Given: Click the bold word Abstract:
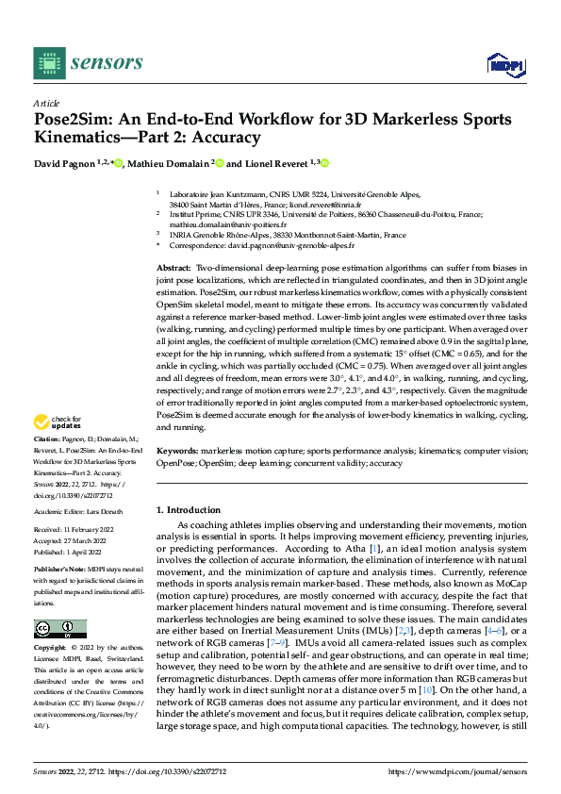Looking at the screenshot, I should coord(174,269).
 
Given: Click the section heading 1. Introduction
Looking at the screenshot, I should coord(192,509).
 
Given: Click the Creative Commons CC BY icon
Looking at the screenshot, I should coord(59,628).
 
